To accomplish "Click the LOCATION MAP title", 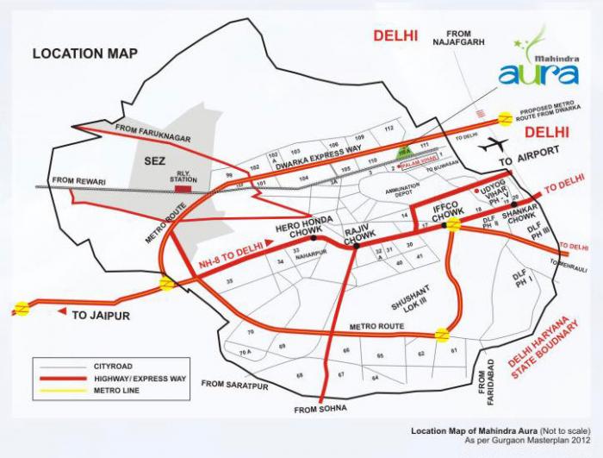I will (85, 53).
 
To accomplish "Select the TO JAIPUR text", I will (101, 316).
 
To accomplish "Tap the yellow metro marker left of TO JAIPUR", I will (22, 308).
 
